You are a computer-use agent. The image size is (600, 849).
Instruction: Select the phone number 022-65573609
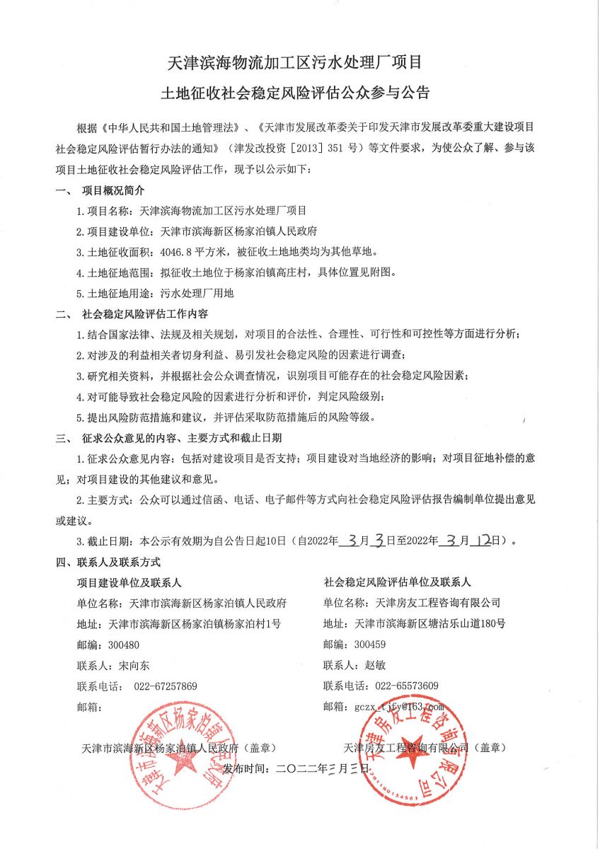pyautogui.click(x=407, y=686)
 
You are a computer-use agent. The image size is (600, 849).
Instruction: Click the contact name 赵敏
pyautogui.click(x=377, y=665)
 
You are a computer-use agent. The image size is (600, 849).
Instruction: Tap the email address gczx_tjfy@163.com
pyautogui.click(x=399, y=706)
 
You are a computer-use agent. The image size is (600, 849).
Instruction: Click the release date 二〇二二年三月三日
pyautogui.click(x=321, y=768)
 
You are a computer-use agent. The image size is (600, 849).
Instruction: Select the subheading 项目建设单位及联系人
pyautogui.click(x=129, y=582)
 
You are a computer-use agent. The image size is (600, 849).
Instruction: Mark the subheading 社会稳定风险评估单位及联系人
pyautogui.click(x=397, y=582)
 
